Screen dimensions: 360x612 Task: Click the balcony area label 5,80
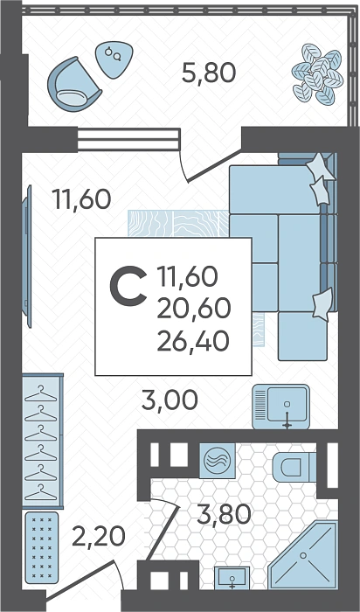click(209, 73)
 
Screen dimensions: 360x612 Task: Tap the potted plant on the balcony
click(317, 74)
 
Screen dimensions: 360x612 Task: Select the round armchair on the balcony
click(73, 83)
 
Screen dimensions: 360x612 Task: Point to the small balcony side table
click(114, 59)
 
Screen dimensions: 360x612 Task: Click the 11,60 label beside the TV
click(83, 199)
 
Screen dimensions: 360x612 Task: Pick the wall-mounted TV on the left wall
click(26, 256)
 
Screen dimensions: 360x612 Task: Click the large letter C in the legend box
click(128, 285)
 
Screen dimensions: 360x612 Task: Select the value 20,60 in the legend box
click(194, 309)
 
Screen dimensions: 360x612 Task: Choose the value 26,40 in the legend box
click(193, 342)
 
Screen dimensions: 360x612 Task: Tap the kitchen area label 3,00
click(170, 400)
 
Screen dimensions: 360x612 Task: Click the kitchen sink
click(280, 407)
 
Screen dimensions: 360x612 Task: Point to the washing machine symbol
click(218, 461)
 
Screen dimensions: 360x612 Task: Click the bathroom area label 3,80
click(224, 514)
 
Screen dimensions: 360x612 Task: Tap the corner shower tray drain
click(302, 554)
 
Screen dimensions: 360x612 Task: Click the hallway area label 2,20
click(98, 536)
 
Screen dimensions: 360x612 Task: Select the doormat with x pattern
click(42, 548)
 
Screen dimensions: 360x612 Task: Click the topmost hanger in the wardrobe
click(40, 393)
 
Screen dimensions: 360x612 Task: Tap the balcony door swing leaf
click(215, 166)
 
